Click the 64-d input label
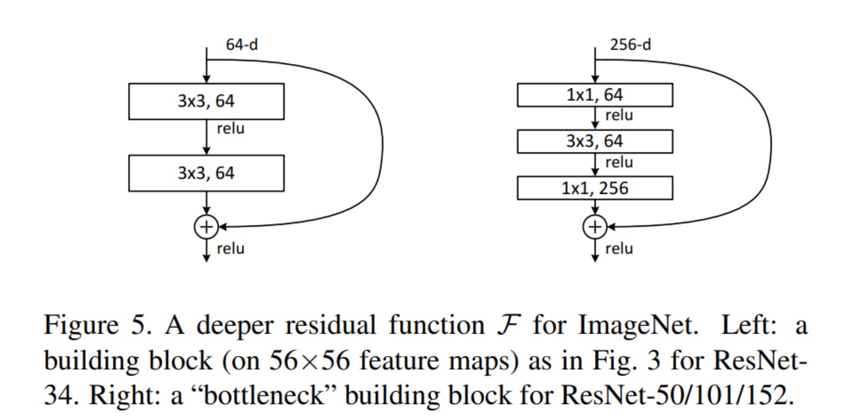[x=241, y=45]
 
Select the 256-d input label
[x=630, y=45]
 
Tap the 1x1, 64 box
[x=595, y=95]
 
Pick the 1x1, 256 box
[x=595, y=188]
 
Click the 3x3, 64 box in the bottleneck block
[x=595, y=141]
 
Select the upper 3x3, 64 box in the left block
[x=206, y=101]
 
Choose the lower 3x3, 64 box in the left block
[x=206, y=173]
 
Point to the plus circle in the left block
[x=206, y=226]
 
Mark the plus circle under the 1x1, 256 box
[x=595, y=226]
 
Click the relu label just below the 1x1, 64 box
[x=619, y=116]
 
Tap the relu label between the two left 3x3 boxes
[x=230, y=128]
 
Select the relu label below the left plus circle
[x=230, y=248]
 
